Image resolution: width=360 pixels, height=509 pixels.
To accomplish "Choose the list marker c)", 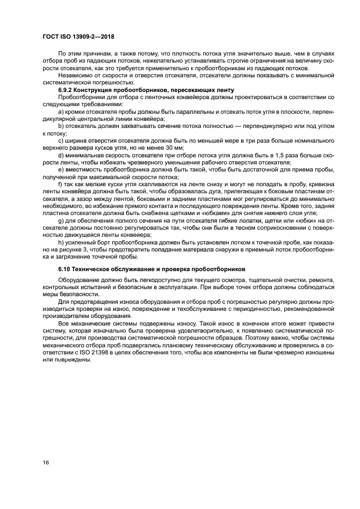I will [61, 140].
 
